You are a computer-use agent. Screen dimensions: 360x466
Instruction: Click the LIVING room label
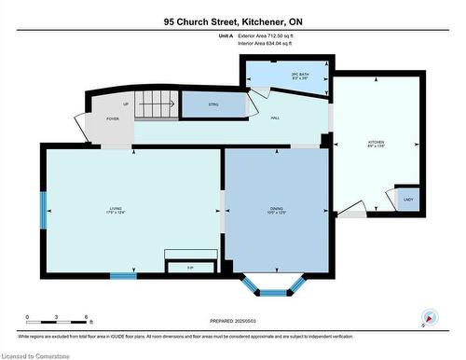pos(116,210)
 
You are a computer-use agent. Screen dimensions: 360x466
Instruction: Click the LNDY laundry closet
pos(407,200)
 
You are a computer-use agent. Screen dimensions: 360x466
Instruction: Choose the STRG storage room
pos(212,104)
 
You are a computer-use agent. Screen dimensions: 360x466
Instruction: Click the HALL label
pos(276,118)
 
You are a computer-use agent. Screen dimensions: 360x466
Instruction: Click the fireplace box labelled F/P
pos(190,268)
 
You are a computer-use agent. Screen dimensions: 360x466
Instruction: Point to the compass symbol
pos(429,317)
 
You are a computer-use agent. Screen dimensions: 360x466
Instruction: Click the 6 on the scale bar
pos(87,318)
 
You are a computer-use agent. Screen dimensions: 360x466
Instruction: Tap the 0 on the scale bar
pos(27,318)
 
